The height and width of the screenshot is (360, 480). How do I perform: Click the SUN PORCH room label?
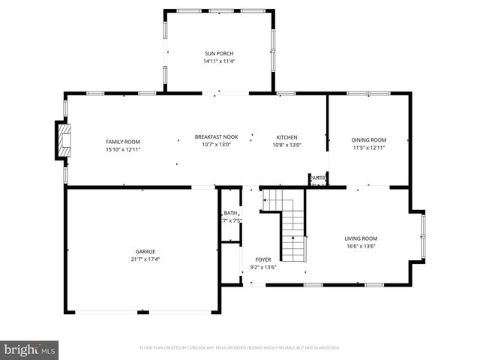[219, 53]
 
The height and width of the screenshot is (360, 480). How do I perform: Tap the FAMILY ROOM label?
[122, 142]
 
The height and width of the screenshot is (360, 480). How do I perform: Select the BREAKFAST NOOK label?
[216, 136]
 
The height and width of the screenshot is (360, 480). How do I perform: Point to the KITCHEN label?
[286, 137]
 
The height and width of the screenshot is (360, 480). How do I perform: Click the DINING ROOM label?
[369, 140]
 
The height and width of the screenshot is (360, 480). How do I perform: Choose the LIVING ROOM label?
[360, 238]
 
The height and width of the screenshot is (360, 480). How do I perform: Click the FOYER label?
[262, 259]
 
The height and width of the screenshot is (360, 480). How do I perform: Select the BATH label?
[229, 213]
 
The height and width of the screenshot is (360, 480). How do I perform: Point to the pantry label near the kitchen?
[318, 178]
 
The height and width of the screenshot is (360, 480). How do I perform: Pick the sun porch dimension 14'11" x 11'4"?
[219, 61]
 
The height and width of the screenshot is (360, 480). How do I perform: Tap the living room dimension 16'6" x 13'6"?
[360, 246]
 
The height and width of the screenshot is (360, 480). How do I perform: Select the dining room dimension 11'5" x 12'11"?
[369, 148]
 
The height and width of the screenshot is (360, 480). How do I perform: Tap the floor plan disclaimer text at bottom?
[240, 348]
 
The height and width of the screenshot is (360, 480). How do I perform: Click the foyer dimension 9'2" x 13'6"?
[262, 267]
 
